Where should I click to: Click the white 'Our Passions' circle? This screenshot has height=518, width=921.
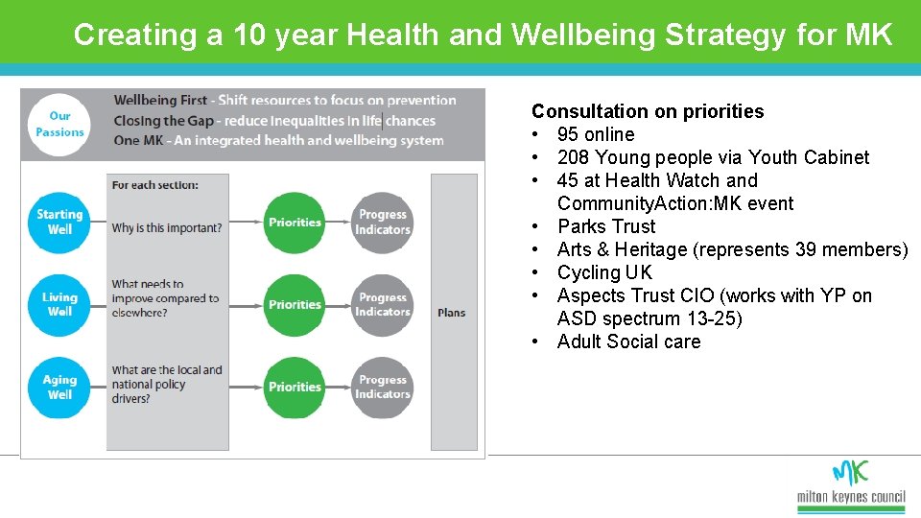(59, 125)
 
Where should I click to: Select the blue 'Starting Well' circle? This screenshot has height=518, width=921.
(59, 222)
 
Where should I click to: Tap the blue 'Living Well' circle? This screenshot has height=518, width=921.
(59, 304)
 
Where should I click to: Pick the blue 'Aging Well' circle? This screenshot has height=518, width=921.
(59, 387)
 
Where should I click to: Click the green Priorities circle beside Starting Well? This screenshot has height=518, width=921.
(295, 223)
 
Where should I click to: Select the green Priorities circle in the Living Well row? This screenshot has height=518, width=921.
(295, 305)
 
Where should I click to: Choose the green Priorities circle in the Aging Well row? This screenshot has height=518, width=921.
(295, 388)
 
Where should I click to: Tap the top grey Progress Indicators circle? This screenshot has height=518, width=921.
(382, 223)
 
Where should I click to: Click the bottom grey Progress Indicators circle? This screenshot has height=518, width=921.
(382, 388)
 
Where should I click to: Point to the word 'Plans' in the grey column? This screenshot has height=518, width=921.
(452, 313)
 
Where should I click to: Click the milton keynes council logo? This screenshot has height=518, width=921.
(850, 484)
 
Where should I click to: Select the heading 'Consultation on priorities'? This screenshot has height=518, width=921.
(648, 111)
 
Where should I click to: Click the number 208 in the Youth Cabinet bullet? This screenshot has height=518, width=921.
(573, 157)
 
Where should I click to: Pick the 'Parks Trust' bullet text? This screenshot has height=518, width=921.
(606, 226)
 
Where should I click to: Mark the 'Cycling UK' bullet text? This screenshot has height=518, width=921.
(604, 272)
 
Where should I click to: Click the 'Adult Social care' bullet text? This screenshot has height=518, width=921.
(628, 341)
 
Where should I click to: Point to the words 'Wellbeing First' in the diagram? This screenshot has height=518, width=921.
(160, 101)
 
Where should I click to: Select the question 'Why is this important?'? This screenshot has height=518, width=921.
(167, 228)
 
